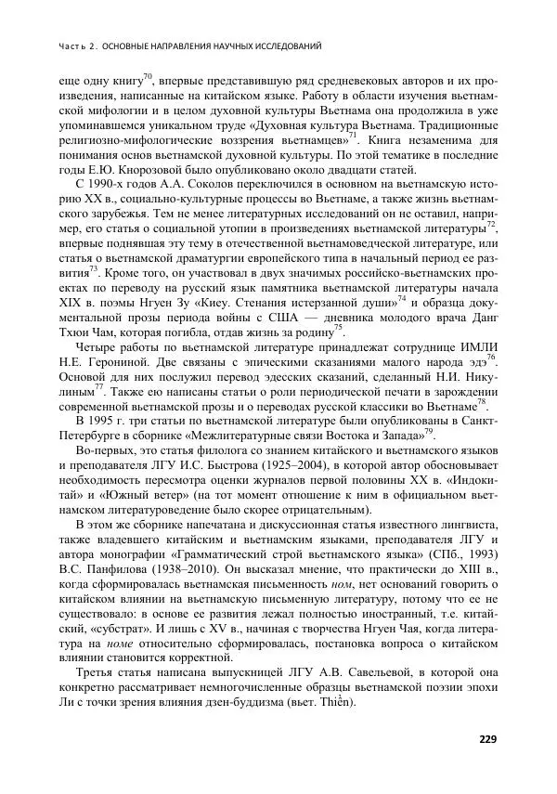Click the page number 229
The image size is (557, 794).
coord(488,739)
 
